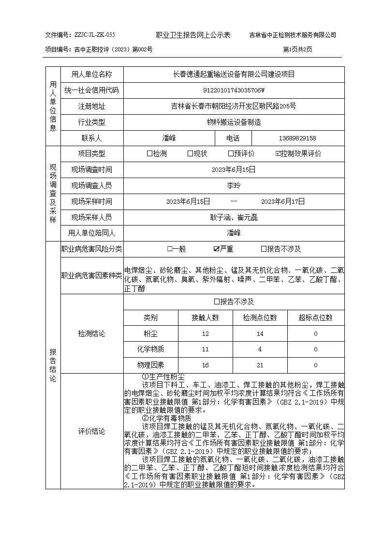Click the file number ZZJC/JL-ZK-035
click(x=94, y=35)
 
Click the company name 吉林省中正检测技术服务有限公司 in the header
click(x=293, y=35)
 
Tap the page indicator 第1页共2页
click(x=297, y=49)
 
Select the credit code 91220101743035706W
click(x=234, y=90)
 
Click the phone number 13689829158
click(x=297, y=138)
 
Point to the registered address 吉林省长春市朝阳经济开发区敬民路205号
click(x=234, y=106)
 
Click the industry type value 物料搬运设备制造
click(x=234, y=122)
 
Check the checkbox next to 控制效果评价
click(x=278, y=154)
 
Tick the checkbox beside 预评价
click(x=231, y=154)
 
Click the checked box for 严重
click(x=216, y=249)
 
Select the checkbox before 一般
click(x=170, y=249)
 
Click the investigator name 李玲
click(x=234, y=185)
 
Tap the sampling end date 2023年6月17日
click(x=283, y=201)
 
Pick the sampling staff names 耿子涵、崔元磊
click(x=234, y=217)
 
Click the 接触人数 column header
click(x=206, y=318)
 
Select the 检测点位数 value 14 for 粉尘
click(x=260, y=334)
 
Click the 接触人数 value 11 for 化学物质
click(x=206, y=349)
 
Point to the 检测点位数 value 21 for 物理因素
click(x=260, y=365)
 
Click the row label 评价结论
click(x=91, y=431)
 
